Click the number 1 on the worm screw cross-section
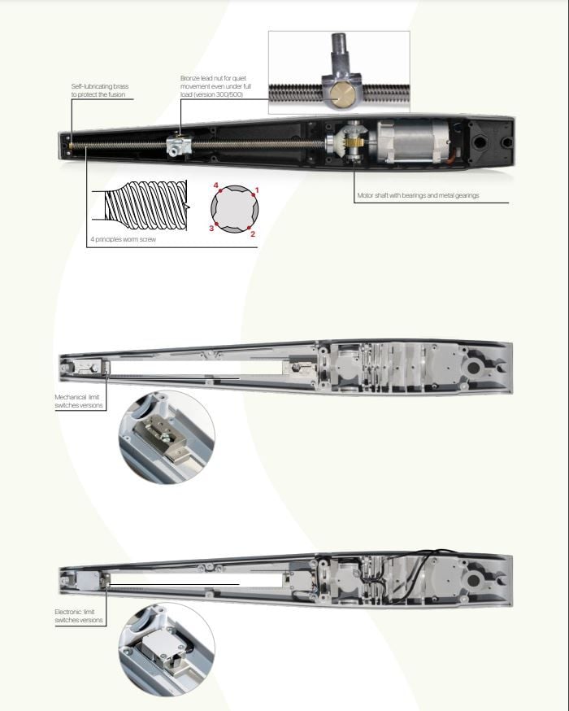coord(257,190)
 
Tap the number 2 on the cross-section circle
coord(253,234)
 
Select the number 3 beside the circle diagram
coord(211,228)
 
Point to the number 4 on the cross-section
coord(215,185)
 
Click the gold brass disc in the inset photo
coord(341,94)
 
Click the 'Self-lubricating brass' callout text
coord(100,90)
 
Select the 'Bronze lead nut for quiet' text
coord(213,78)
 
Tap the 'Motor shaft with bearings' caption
coord(418,195)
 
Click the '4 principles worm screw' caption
coord(124,239)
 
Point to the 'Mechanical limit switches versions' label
coord(79,401)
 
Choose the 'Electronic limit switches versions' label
coord(79,616)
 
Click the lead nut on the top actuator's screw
coord(179,146)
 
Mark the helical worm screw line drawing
coord(146,206)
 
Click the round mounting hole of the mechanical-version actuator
coord(474,367)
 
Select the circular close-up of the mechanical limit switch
coord(167,438)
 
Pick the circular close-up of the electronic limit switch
coord(167,649)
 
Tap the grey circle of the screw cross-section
coord(235,209)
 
